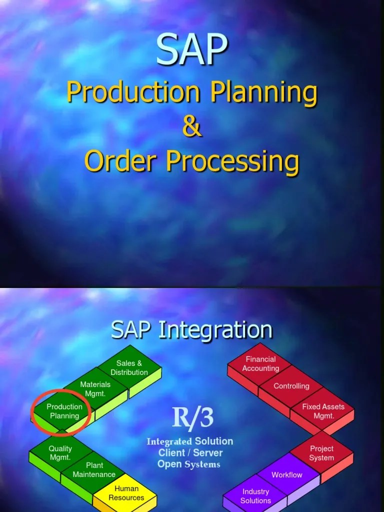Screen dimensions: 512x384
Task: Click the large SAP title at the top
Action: pos(192,50)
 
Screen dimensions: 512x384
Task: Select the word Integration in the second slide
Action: pos(215,330)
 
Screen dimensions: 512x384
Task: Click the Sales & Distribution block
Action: pos(129,368)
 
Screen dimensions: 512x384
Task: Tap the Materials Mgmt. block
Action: pos(95,389)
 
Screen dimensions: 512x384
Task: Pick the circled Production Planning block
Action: pos(64,411)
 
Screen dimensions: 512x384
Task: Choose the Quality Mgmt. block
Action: pos(60,453)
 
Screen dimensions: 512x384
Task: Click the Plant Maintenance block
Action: pos(94,470)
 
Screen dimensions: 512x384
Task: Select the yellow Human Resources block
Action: pos(126,493)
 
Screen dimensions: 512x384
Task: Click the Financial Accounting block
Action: pos(260,364)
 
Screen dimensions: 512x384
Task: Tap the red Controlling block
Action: pos(291,386)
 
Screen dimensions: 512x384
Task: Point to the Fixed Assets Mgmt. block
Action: pos(323,411)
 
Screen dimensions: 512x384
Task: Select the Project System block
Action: pos(321,453)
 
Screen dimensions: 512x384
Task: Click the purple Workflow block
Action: pos(287,474)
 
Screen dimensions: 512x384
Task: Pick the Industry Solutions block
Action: pos(255,496)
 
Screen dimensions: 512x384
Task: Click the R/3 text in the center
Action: pos(192,418)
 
